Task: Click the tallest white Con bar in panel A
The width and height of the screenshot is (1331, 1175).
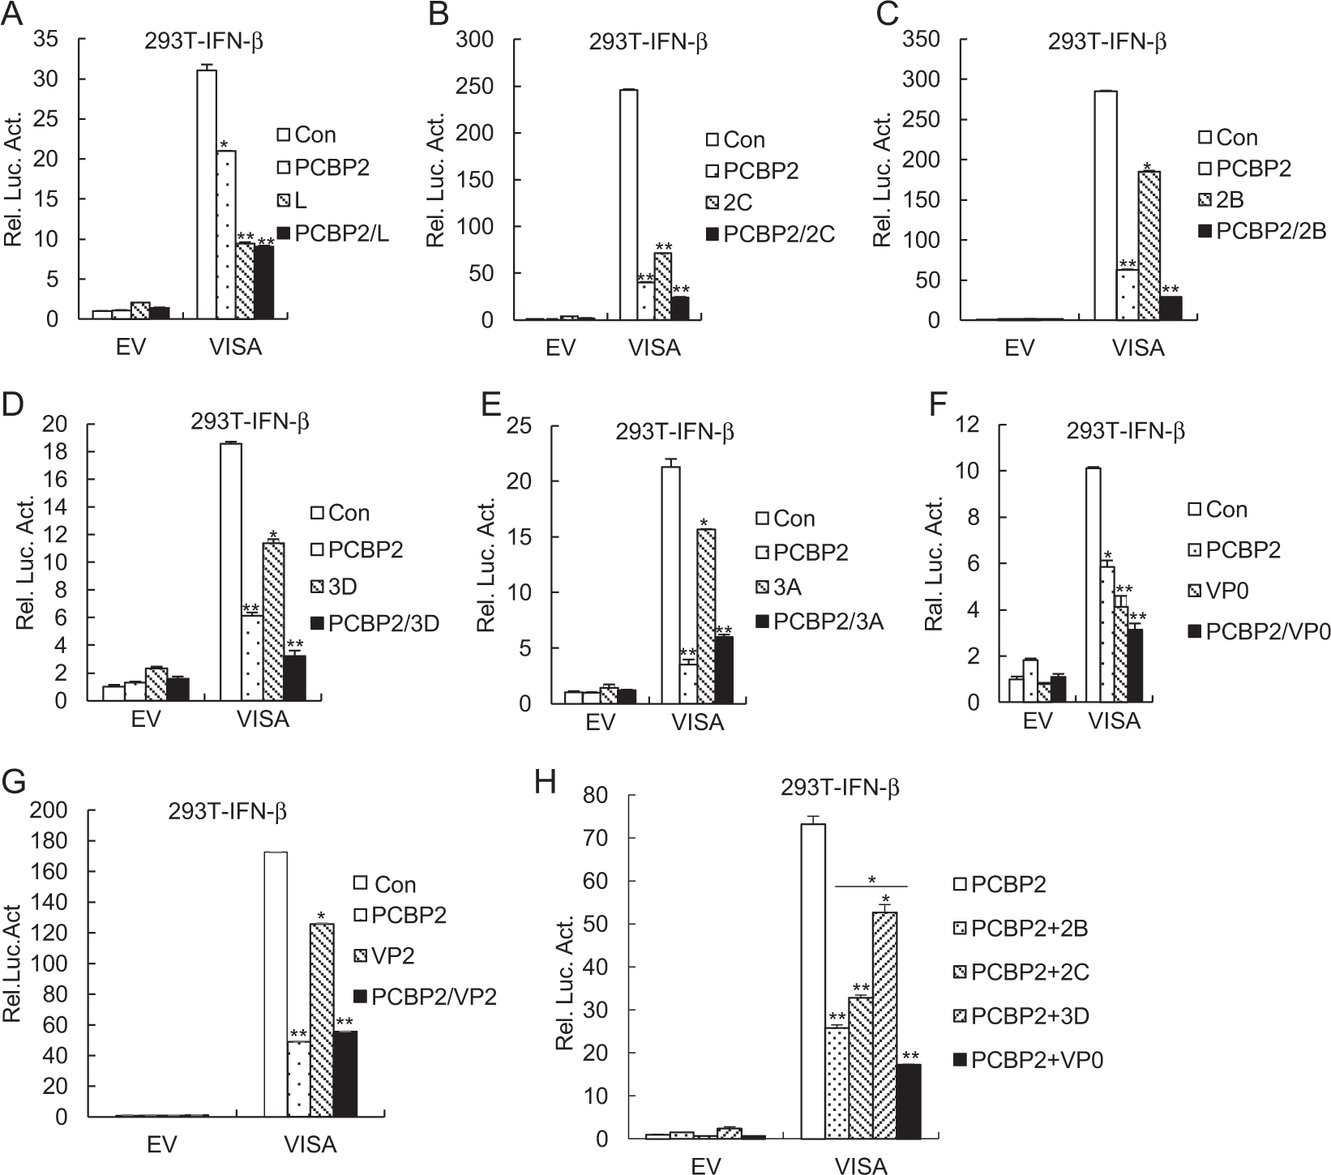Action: (207, 194)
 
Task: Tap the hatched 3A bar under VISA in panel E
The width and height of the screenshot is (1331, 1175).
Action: (705, 616)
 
